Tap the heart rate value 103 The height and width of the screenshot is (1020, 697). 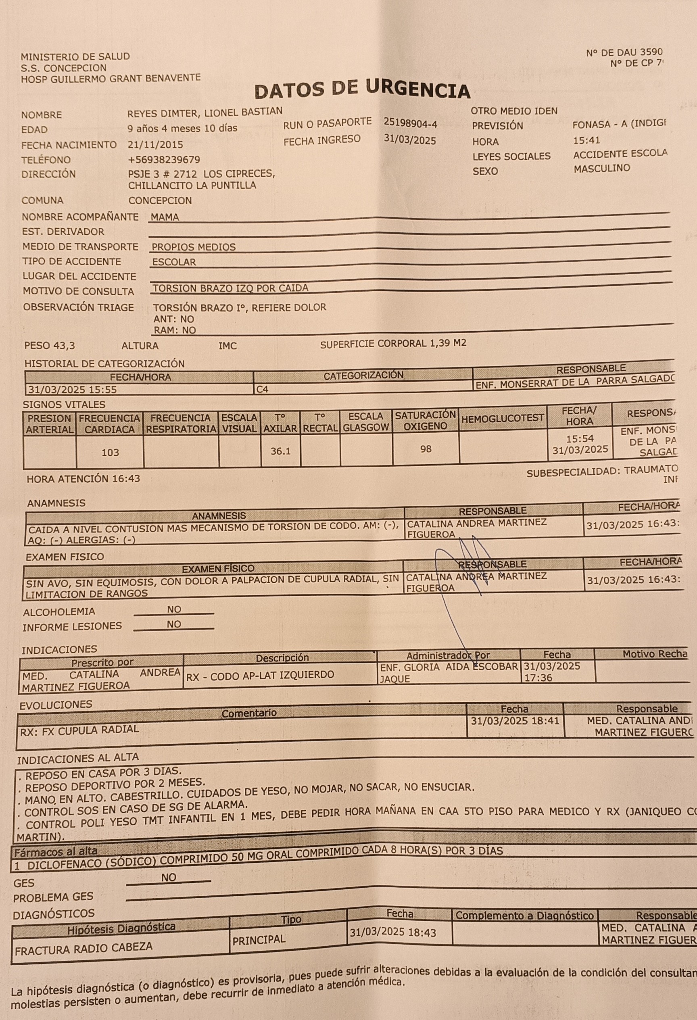110,453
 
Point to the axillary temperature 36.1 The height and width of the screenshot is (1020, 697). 280,451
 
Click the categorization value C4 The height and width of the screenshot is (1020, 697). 262,389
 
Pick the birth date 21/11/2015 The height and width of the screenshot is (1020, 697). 155,144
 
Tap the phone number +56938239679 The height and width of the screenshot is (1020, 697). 164,159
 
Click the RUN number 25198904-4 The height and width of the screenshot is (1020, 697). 410,124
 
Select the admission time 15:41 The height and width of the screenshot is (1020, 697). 586,140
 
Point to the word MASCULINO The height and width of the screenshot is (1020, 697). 602,168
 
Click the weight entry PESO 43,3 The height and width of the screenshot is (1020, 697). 50,345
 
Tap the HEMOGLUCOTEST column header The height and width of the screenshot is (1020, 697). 503,419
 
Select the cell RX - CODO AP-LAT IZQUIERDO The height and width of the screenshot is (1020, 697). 260,675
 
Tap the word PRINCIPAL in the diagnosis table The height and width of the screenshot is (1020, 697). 259,940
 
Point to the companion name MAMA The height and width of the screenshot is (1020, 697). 165,217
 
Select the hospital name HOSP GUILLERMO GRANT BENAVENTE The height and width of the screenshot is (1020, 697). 111,79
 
